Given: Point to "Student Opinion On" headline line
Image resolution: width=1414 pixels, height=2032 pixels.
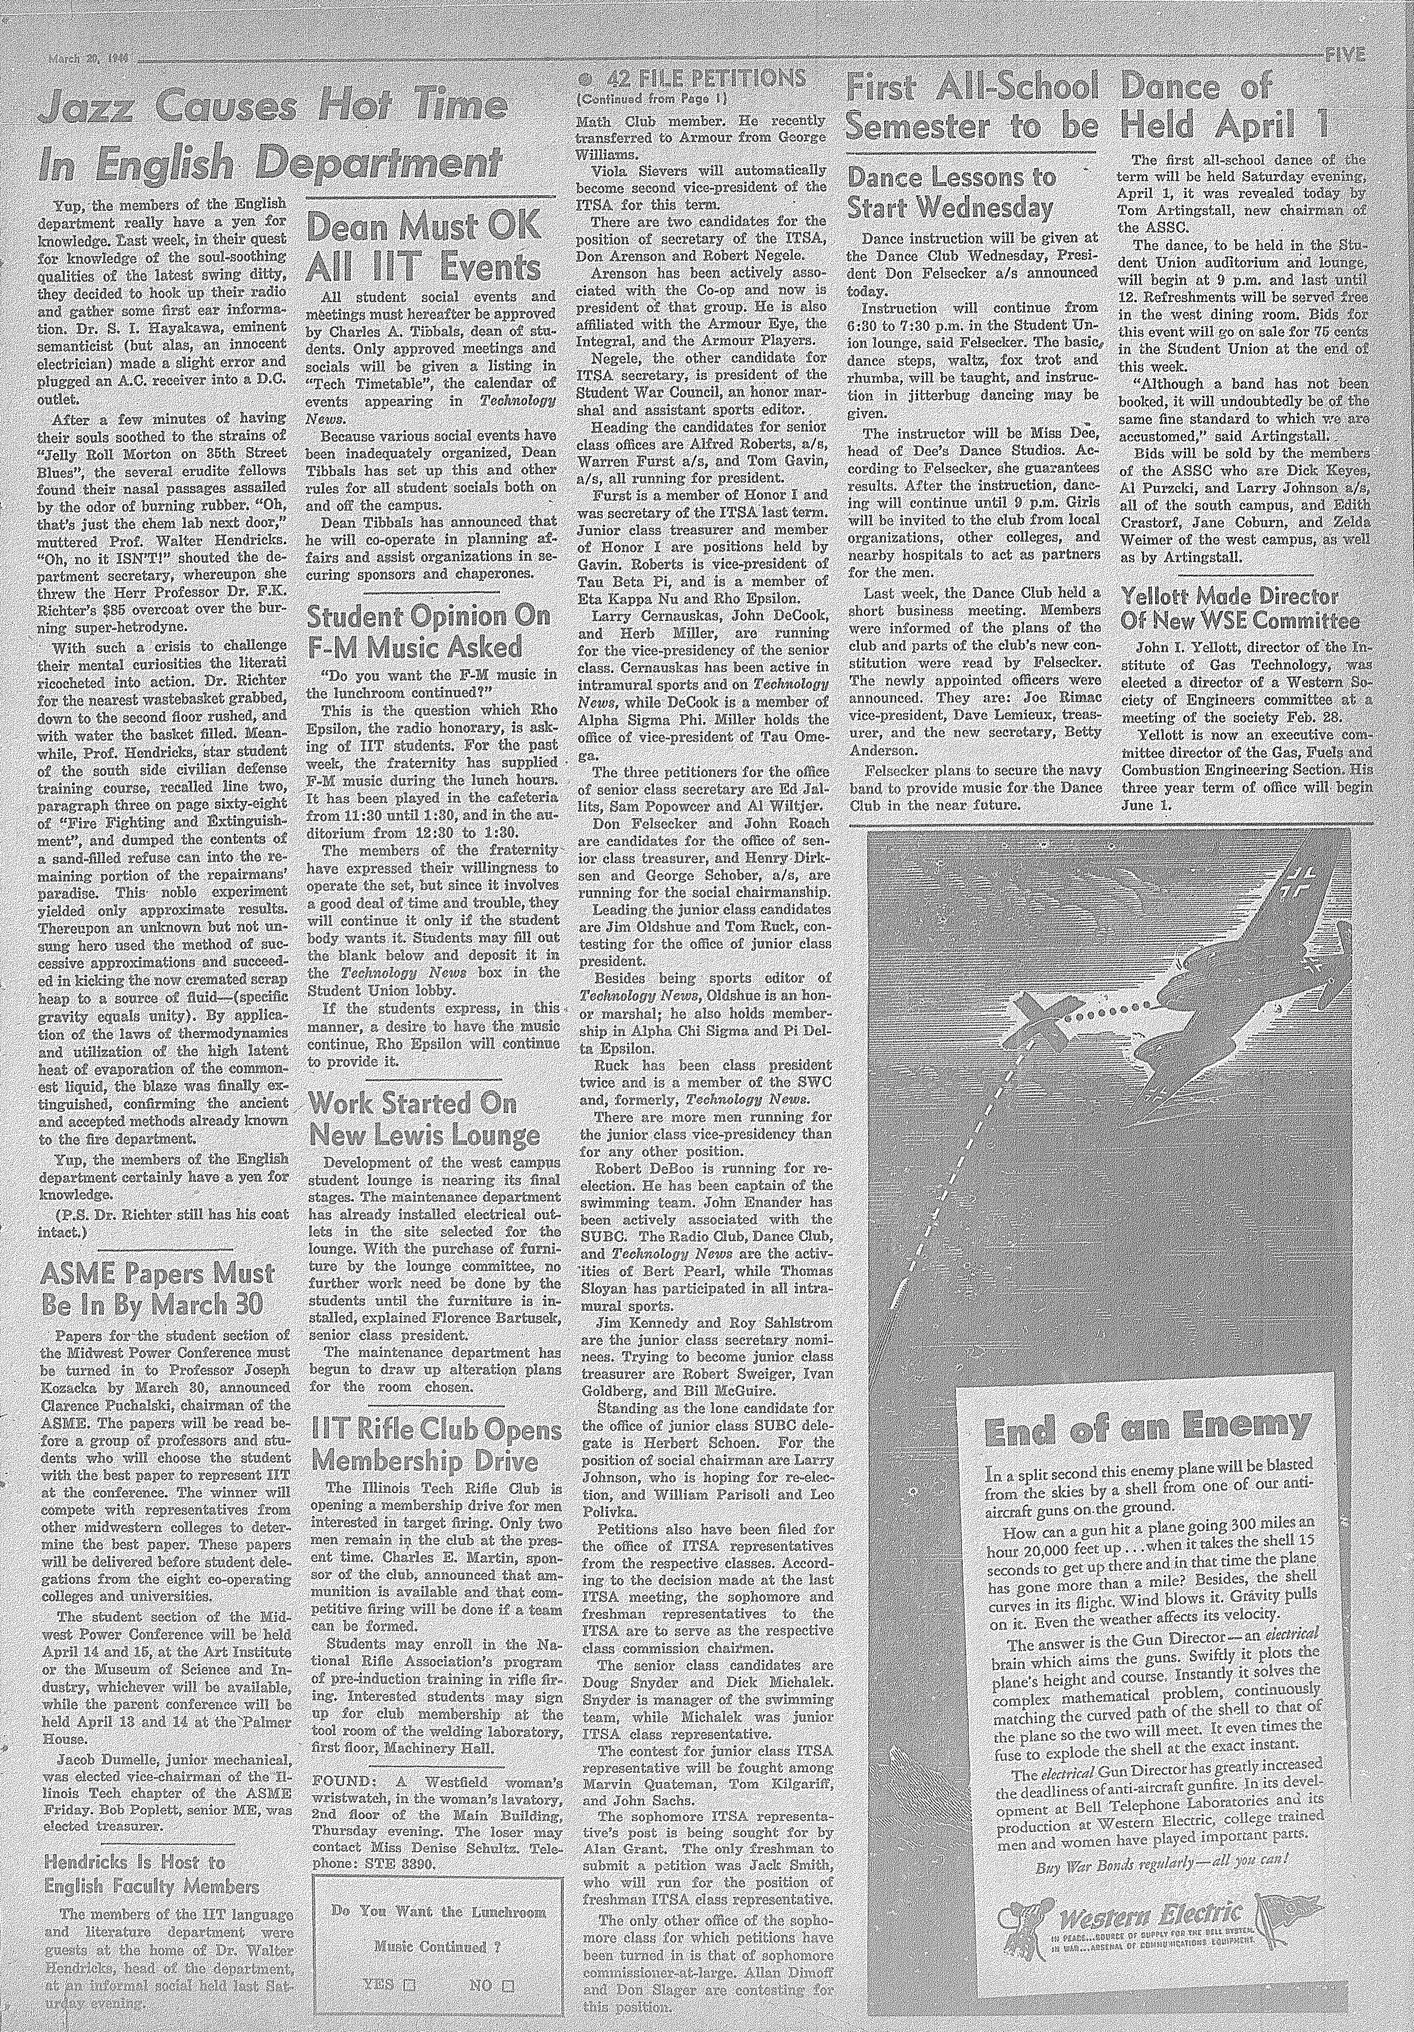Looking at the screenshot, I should pyautogui.click(x=428, y=617).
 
